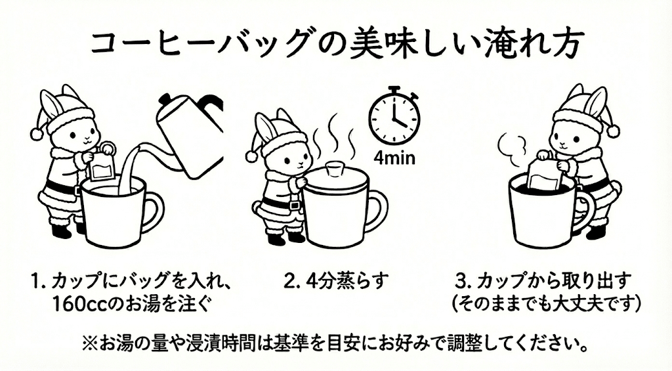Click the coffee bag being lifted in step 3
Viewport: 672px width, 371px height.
(546, 175)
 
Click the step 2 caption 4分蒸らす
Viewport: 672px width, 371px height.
(337, 282)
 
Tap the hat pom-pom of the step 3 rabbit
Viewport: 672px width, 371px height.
(613, 130)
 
